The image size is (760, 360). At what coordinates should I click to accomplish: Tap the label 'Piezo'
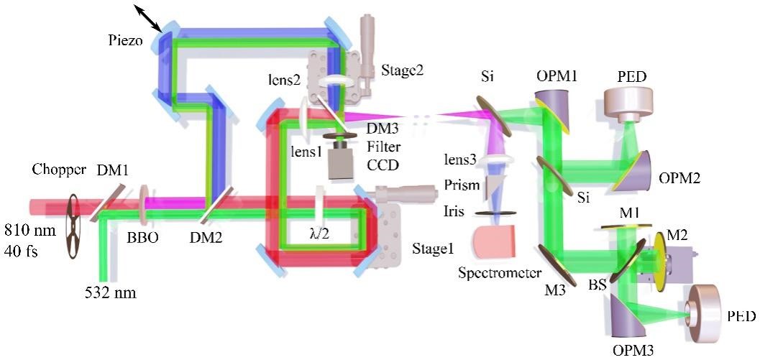coord(128,42)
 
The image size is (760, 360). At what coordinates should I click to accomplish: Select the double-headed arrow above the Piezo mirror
coord(150,14)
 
